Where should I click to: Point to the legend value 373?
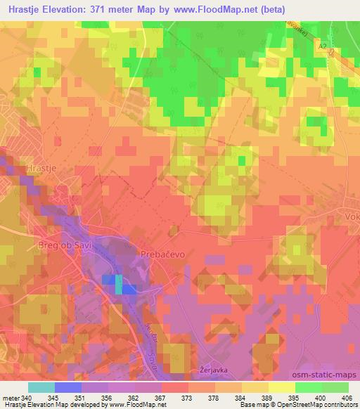(x=187, y=398)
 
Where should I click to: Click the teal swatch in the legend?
(x=41, y=387)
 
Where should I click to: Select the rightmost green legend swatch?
(x=335, y=387)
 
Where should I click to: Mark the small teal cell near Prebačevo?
(x=118, y=284)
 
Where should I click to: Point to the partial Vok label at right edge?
(x=352, y=218)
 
